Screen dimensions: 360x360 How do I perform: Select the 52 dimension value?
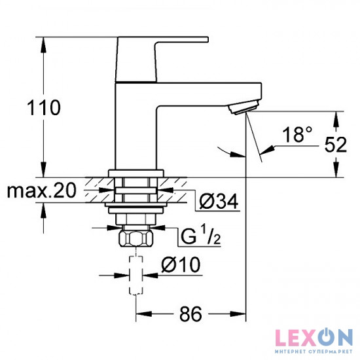tap(335, 145)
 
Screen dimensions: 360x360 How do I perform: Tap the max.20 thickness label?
tap(41, 191)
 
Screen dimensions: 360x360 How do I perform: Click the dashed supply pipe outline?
tap(135, 275)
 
